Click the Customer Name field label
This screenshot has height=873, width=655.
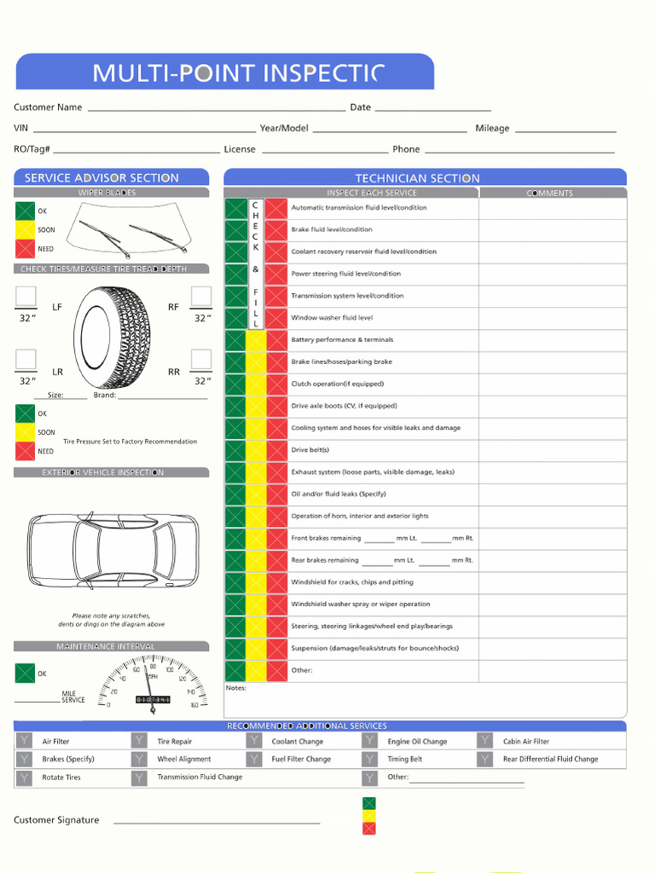(48, 107)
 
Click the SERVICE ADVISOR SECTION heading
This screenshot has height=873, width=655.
(101, 178)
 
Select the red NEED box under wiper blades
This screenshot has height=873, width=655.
(25, 249)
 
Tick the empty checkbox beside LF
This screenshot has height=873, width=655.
(26, 297)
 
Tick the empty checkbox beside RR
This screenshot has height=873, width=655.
(201, 359)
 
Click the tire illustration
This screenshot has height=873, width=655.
(112, 338)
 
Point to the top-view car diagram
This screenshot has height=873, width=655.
(113, 551)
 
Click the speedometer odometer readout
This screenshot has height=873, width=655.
(154, 700)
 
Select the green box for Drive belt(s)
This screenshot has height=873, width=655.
(235, 450)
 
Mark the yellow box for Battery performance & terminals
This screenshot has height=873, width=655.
(256, 340)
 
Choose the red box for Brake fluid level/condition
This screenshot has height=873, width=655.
(275, 230)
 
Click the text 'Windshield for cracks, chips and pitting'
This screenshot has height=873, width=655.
(352, 582)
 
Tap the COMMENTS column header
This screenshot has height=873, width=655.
(550, 194)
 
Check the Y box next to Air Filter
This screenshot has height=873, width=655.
(24, 741)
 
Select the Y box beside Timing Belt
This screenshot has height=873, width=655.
(369, 759)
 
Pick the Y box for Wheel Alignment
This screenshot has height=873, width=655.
(139, 759)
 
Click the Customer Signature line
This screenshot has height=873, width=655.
(217, 822)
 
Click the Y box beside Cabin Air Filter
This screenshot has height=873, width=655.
(484, 741)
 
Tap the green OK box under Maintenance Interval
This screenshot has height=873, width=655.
(25, 674)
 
